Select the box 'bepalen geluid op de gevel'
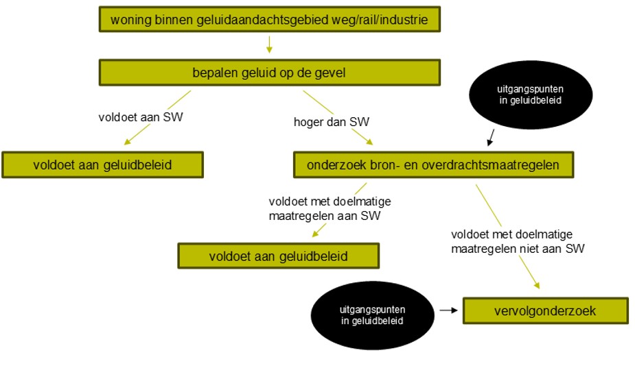[x=268, y=73]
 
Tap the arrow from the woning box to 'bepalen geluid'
[x=269, y=45]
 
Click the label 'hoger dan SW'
[x=332, y=122]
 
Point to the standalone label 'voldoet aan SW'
[x=141, y=116]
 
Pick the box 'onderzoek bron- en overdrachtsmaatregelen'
[x=433, y=165]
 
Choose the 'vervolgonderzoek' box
[x=545, y=311]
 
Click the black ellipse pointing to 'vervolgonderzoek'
[x=371, y=315]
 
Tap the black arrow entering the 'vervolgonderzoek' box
[x=448, y=310]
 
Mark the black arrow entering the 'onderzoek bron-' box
[x=492, y=139]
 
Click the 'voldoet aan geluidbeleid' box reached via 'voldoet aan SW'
[x=102, y=165]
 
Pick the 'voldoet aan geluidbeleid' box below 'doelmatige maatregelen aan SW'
[x=278, y=256]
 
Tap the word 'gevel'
[x=329, y=73]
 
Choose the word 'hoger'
[x=309, y=122]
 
